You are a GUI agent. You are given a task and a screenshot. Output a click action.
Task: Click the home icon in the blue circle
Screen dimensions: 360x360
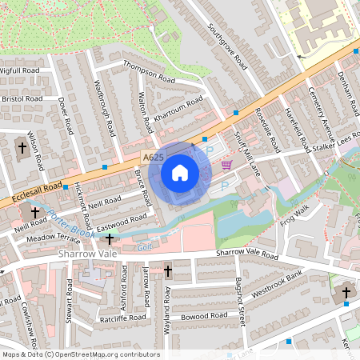(180, 172)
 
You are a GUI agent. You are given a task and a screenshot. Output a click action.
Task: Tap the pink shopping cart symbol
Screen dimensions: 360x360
(226, 165)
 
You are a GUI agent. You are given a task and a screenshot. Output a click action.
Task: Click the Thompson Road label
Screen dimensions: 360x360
(149, 74)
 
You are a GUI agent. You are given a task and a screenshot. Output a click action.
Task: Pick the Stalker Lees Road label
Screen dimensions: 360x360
(334, 144)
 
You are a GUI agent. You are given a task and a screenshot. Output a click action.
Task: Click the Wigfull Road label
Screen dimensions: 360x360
(20, 71)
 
